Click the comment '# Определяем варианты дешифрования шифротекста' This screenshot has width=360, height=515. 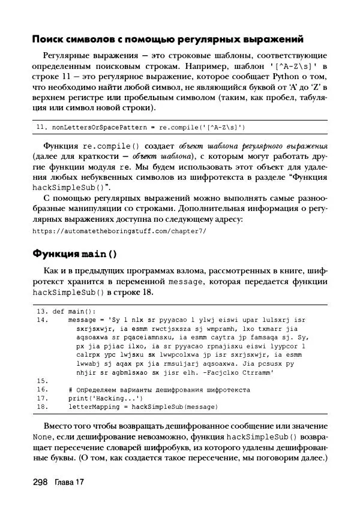pos(160,390)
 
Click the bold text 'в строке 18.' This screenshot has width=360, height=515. pos(130,293)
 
